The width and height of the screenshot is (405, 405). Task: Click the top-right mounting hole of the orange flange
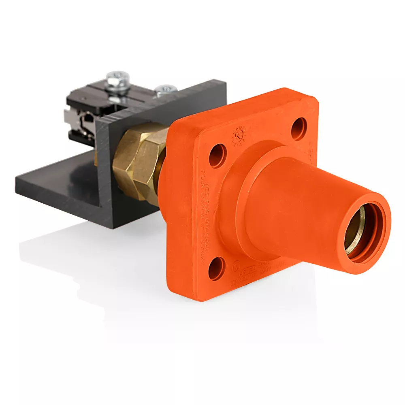(299, 128)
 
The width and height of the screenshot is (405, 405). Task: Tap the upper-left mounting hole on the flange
(217, 156)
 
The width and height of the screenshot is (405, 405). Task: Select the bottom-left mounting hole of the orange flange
(216, 267)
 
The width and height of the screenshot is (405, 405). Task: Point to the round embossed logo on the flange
(239, 136)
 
